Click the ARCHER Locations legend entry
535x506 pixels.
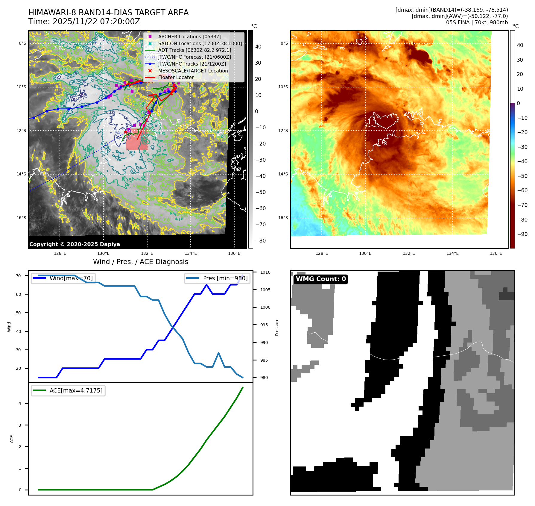(x=190, y=37)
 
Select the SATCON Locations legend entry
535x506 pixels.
(x=200, y=43)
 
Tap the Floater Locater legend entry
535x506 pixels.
(x=176, y=77)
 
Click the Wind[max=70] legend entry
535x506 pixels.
(x=71, y=278)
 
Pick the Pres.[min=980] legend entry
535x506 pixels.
(x=225, y=278)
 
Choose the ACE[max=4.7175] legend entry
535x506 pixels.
(x=76, y=390)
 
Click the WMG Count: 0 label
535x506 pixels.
(x=321, y=279)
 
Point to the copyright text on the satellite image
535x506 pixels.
(x=75, y=244)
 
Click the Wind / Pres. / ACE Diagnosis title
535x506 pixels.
(x=141, y=262)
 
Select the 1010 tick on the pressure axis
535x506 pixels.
(x=265, y=272)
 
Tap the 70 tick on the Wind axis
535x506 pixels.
(x=19, y=276)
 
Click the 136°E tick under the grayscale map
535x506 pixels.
(x=234, y=253)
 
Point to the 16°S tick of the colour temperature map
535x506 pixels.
(x=283, y=218)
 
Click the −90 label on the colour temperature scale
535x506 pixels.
(x=522, y=234)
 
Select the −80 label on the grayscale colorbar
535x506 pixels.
(x=260, y=241)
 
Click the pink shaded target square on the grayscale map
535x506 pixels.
(x=137, y=140)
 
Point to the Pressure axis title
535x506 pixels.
(x=277, y=327)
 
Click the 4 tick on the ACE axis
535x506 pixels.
(x=20, y=403)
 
